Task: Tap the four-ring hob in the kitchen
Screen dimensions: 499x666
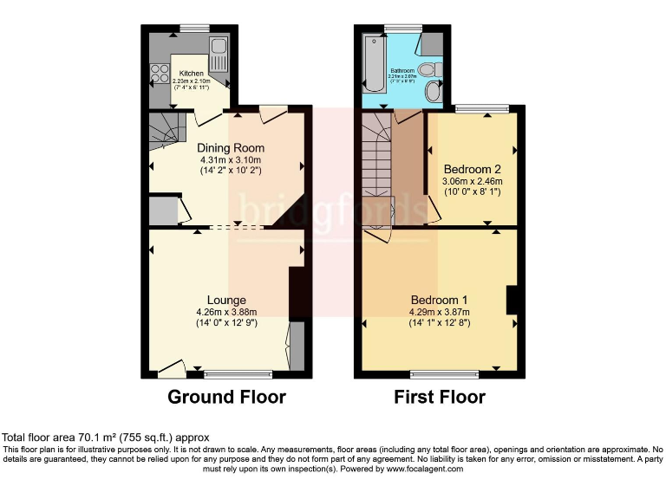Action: (160, 74)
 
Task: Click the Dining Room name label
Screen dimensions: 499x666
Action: (230, 148)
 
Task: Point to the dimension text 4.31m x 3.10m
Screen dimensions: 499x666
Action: (230, 160)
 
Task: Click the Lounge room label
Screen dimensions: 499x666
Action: (226, 301)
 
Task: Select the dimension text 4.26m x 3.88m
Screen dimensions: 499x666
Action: (226, 313)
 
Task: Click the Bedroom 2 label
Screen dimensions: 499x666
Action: (473, 168)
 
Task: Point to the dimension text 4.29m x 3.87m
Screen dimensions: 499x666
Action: (439, 313)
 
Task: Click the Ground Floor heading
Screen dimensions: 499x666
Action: (226, 398)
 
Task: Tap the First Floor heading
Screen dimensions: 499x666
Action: (440, 398)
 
